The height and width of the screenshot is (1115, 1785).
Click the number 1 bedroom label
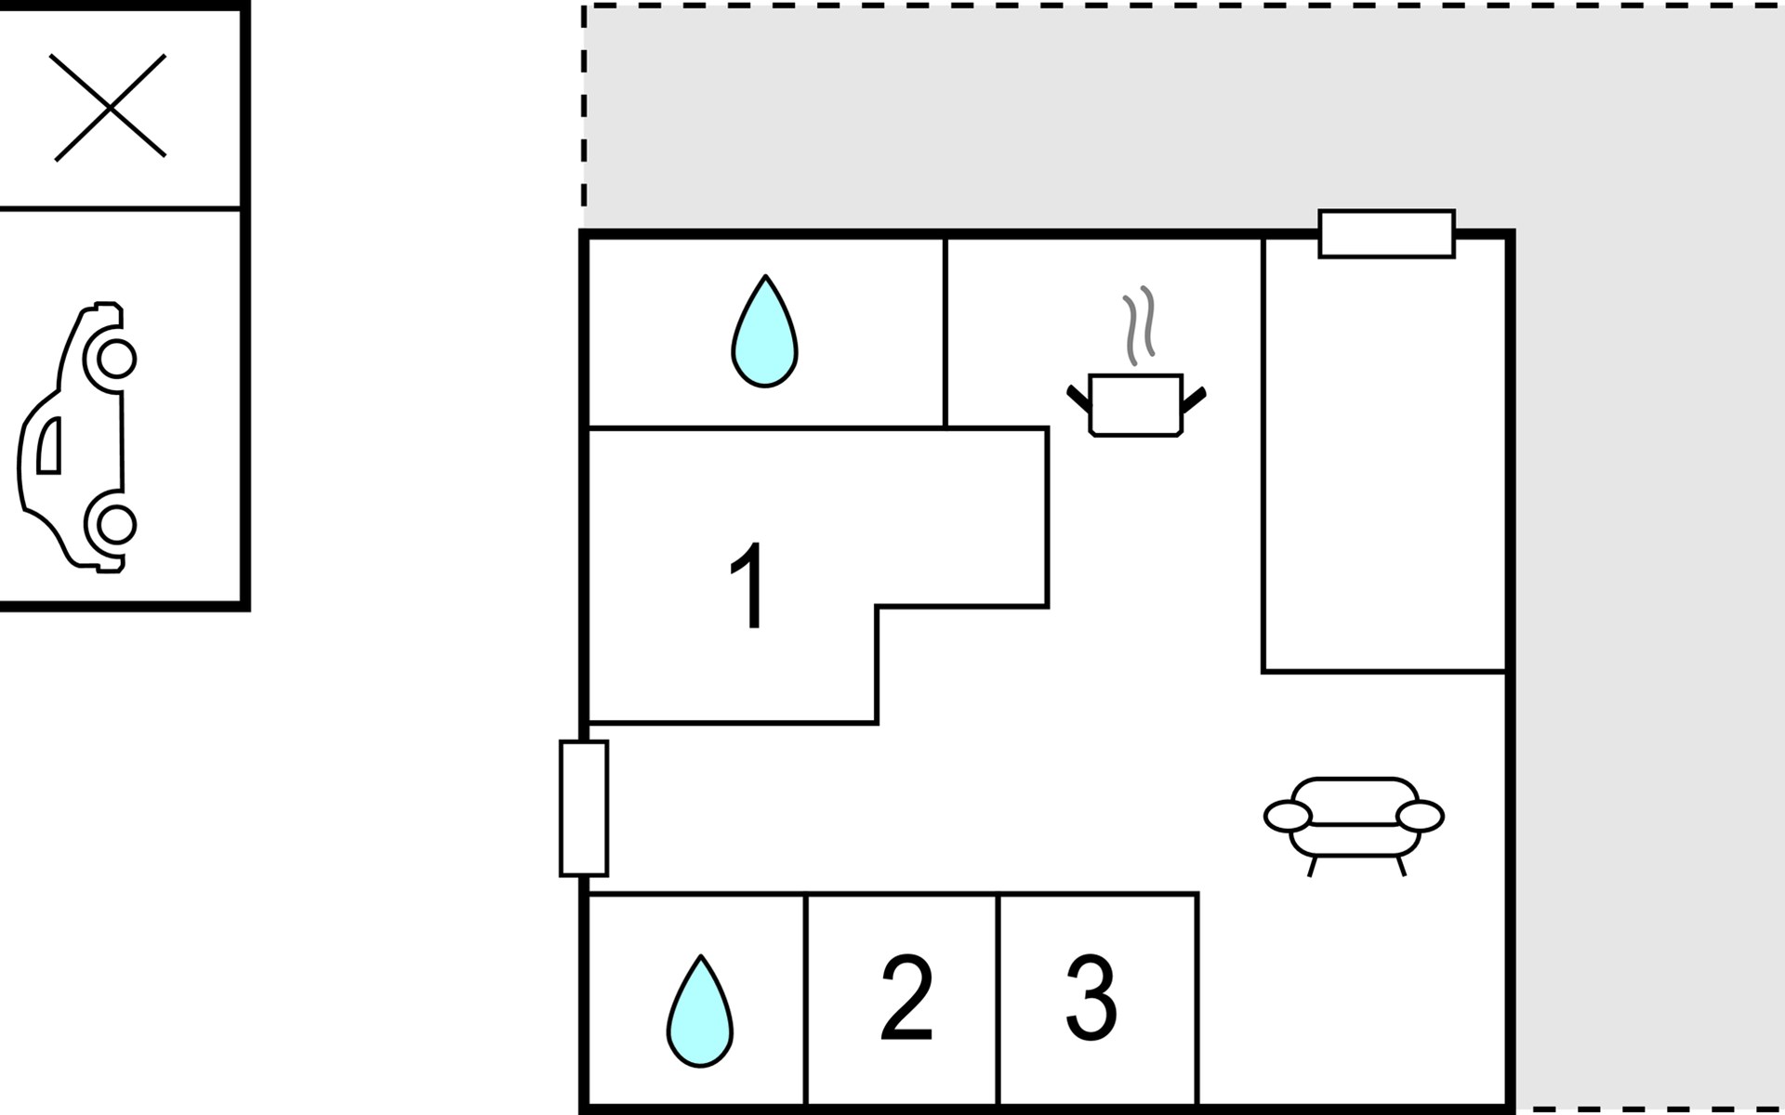click(x=748, y=585)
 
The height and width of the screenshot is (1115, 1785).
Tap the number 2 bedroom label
click(x=906, y=997)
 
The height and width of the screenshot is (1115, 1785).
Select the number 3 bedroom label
click(x=1091, y=997)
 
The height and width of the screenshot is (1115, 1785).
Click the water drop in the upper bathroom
click(x=764, y=332)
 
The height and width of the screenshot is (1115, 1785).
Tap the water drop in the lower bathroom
click(x=700, y=1011)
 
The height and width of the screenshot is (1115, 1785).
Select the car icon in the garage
click(x=76, y=437)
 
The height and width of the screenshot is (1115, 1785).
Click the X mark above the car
click(x=110, y=108)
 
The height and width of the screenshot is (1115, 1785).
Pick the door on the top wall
click(x=1386, y=233)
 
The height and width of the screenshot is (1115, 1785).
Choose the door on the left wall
click(x=584, y=808)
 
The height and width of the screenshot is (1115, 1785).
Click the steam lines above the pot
click(x=1139, y=325)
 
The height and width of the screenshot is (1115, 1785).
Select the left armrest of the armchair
click(x=1288, y=817)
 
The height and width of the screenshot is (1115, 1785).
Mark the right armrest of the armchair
click(x=1420, y=817)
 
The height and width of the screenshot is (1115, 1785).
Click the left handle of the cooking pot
click(x=1078, y=399)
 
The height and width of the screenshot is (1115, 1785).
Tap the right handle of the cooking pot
click(x=1194, y=399)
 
